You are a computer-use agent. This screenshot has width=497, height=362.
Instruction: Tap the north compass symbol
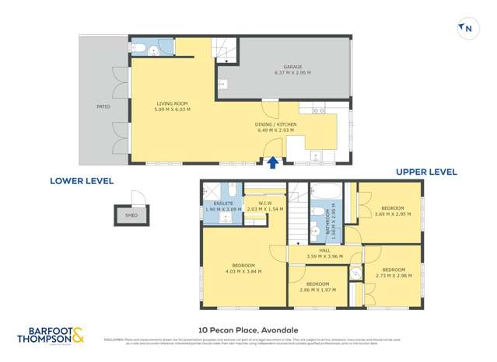tap(467, 29)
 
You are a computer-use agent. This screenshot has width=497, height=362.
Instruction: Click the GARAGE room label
tap(292, 67)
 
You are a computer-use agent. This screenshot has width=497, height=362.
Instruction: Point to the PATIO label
tap(103, 106)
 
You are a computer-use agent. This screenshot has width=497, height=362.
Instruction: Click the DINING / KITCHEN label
tap(276, 124)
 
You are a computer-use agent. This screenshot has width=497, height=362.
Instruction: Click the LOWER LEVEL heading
tap(82, 181)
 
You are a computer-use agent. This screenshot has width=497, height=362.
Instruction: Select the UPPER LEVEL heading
tap(426, 172)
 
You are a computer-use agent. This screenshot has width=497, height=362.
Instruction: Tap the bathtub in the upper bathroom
tap(323, 190)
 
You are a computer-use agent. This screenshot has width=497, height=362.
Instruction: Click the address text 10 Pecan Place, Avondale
tap(249, 329)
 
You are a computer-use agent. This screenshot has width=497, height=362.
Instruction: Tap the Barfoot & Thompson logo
tap(51, 335)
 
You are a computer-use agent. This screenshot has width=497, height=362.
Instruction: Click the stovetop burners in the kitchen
tap(318, 113)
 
